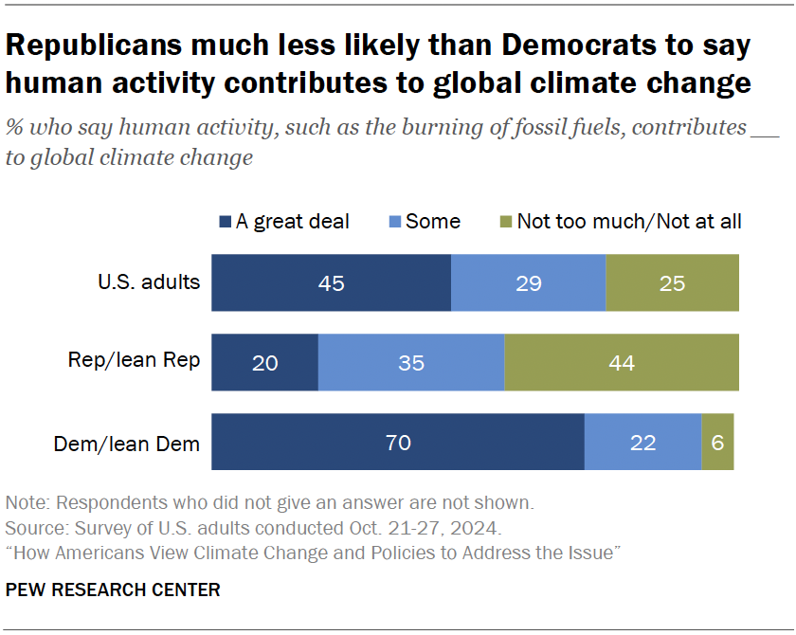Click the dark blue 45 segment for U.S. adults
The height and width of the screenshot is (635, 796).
point(331,282)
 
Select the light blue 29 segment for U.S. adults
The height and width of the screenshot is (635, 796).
point(528,282)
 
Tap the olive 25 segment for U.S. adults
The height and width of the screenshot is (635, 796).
point(672,282)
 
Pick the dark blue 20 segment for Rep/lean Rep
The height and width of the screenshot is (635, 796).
point(264,362)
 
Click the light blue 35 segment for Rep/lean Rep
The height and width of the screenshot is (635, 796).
point(410,362)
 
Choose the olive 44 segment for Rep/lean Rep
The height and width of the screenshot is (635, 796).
point(621,362)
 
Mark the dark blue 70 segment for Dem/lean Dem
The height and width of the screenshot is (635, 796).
point(397,442)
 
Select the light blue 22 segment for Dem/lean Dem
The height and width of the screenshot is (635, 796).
point(642,442)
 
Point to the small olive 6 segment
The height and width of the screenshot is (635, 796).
point(717,442)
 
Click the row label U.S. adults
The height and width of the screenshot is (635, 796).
point(149,281)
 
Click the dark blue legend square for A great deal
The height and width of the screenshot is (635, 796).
point(225,222)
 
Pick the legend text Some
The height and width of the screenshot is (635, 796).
point(432,222)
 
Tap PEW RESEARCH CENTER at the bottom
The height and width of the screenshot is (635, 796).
point(113,590)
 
